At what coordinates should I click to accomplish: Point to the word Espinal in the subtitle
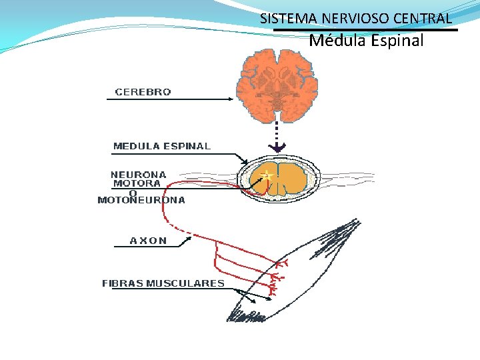click(x=398, y=41)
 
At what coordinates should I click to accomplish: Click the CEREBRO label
click(x=143, y=93)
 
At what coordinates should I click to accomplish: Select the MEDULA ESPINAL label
click(x=162, y=146)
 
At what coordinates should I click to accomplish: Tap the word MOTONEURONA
click(x=141, y=200)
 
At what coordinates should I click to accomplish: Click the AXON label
click(x=149, y=241)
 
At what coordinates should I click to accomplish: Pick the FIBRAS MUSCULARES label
click(x=163, y=283)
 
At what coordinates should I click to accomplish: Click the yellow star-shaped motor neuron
click(x=267, y=175)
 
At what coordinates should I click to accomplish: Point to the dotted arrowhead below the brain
click(x=278, y=147)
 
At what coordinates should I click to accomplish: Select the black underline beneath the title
click(x=366, y=30)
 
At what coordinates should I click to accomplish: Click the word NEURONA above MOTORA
click(x=139, y=175)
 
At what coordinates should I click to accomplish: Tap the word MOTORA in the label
click(x=137, y=183)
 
